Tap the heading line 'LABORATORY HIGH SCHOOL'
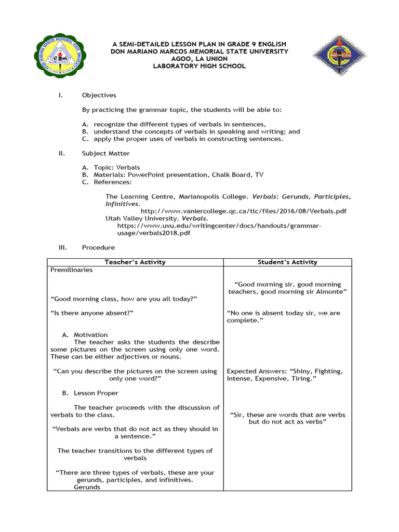coord(199,66)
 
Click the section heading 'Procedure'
coord(99,247)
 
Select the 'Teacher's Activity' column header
coord(135,262)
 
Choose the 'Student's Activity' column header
coord(287,262)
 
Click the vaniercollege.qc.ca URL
coord(244,211)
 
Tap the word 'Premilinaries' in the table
coord(72,270)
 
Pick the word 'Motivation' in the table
coord(91,335)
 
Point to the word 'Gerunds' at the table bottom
coord(87,487)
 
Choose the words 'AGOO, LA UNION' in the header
coord(199,59)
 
